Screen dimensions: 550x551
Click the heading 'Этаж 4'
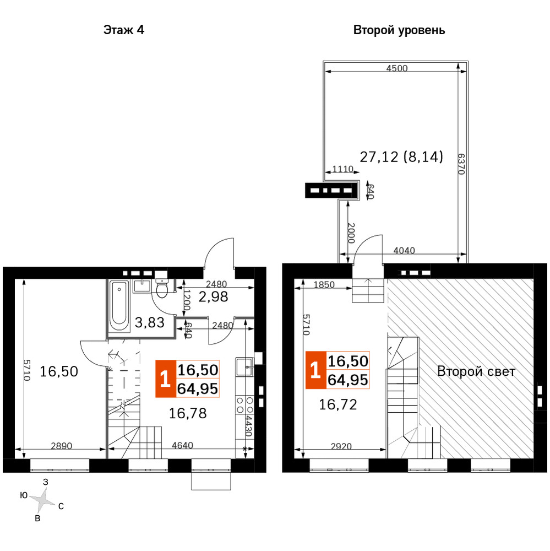coord(124,30)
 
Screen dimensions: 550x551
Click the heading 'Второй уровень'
coord(399,30)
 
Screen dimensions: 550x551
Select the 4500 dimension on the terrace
coord(397,68)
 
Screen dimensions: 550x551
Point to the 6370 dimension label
coord(461,164)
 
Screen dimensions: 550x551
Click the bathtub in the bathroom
coord(119,305)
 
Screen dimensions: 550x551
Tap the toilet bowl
coord(162,289)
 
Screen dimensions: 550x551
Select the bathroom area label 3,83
coord(150,322)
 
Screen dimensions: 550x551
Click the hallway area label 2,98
coord(213,297)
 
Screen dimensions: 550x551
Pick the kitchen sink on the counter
coord(245,367)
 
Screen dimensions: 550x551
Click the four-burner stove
coord(245,405)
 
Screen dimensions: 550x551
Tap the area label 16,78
coord(188,413)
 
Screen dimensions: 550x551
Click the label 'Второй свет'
coord(476,371)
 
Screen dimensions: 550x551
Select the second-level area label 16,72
coord(338,404)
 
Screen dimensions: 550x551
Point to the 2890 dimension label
coord(62,446)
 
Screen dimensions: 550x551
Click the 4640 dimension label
coord(183,445)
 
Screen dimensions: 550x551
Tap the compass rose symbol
coord(42,499)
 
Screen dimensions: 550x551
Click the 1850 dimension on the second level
coord(324,284)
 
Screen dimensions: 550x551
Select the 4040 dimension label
coord(404,250)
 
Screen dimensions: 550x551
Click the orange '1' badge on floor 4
coord(166,379)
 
